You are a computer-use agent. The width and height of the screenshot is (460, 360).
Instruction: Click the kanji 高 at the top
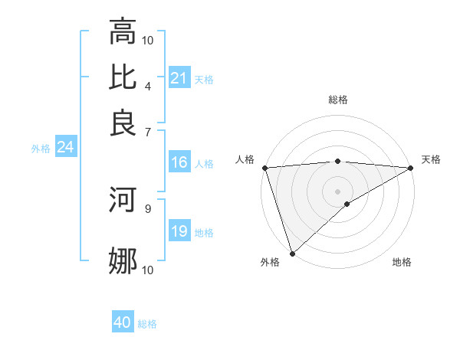pos(123,31)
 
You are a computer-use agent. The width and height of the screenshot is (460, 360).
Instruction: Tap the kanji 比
pos(123,77)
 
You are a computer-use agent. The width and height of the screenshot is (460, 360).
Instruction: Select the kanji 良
pos(123,123)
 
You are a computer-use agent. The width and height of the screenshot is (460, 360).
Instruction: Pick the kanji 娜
pos(123,261)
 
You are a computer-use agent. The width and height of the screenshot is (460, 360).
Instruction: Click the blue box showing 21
pos(179,78)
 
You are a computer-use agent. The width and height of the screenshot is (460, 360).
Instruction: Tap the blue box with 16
pos(179,162)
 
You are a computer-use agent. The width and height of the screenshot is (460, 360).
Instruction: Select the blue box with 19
pos(179,231)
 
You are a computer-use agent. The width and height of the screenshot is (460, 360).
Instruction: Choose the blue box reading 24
pos(65,147)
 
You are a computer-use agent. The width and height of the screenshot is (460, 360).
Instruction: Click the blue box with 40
pos(123,322)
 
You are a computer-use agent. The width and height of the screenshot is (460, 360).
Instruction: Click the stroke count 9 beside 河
pos(147,208)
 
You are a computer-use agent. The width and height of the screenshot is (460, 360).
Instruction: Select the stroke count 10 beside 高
pos(148,40)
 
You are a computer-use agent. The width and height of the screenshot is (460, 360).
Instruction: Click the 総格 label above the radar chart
pos(338,100)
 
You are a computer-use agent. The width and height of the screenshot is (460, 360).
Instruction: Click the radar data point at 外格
pos(292,253)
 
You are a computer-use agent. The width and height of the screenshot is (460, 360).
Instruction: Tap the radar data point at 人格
pos(264,168)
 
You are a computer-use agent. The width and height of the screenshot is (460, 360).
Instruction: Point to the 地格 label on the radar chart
pos(402,262)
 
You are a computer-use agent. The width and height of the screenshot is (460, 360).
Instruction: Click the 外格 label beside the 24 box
pos(40,149)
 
